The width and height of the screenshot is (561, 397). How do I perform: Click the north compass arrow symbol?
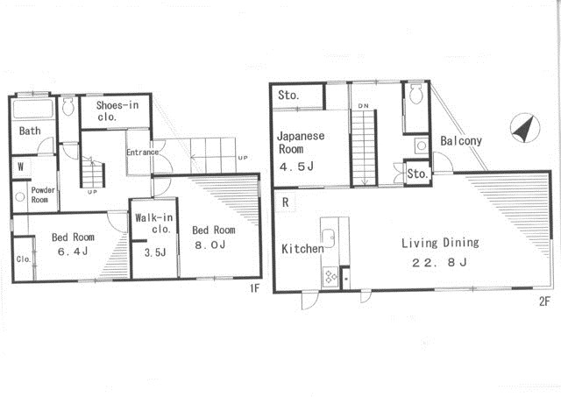525,128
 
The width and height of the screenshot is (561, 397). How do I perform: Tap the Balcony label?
461,141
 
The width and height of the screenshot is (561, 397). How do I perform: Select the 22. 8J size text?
439,263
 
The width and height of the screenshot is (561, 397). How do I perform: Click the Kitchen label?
302,249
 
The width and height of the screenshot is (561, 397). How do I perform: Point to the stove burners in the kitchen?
330,277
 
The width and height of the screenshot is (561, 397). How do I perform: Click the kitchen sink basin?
329,238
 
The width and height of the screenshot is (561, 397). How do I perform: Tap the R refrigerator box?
285,202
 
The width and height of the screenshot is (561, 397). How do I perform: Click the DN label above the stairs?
363,106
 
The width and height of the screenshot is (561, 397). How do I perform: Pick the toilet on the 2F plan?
416,94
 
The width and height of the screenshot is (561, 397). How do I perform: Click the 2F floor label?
543,301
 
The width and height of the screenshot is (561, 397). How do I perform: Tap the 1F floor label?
254,288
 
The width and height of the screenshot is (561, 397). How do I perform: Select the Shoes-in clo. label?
117,111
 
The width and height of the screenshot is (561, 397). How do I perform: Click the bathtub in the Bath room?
32,109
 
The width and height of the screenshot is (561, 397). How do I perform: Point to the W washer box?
21,167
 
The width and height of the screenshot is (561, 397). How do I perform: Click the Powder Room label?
43,195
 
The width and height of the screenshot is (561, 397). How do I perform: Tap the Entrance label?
142,152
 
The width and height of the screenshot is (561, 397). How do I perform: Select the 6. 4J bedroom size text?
73,252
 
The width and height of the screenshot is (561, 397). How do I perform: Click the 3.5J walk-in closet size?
155,253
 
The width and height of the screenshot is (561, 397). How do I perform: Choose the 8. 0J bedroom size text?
210,245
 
